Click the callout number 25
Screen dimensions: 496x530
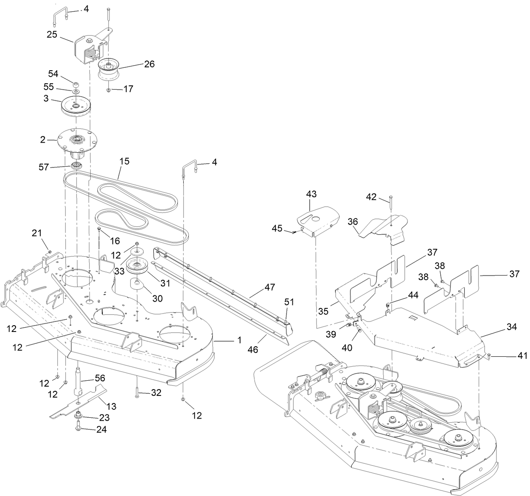click(x=52, y=34)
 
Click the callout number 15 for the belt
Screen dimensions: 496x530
click(x=124, y=161)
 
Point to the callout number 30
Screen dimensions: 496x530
click(x=157, y=298)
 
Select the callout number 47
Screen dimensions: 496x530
click(x=270, y=287)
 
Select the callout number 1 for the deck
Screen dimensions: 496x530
click(x=239, y=340)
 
